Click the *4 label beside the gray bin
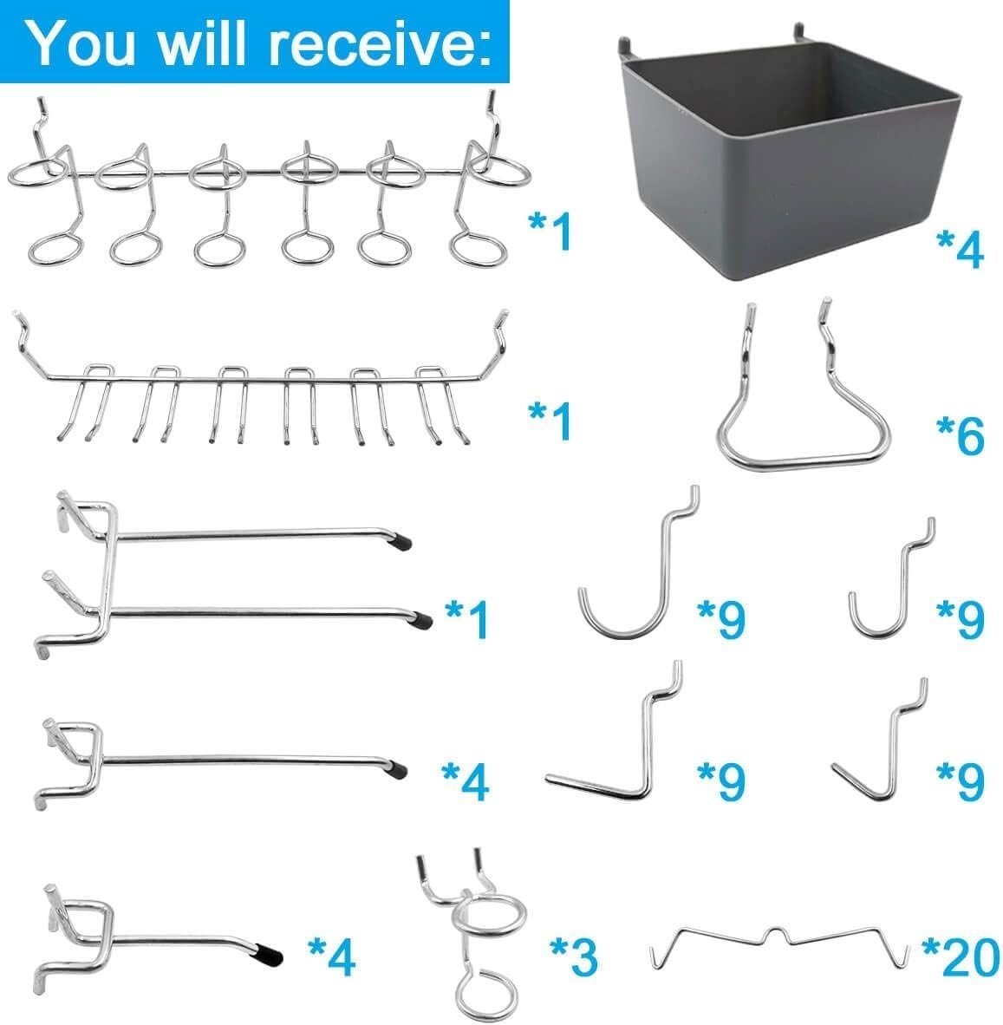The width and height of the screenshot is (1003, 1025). tap(960, 249)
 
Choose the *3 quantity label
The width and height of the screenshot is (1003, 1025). tap(574, 956)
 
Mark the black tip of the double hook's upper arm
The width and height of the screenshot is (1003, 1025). tap(401, 544)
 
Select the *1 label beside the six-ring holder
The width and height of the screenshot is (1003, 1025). tap(551, 232)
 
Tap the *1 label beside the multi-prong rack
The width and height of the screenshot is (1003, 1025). tap(551, 421)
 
